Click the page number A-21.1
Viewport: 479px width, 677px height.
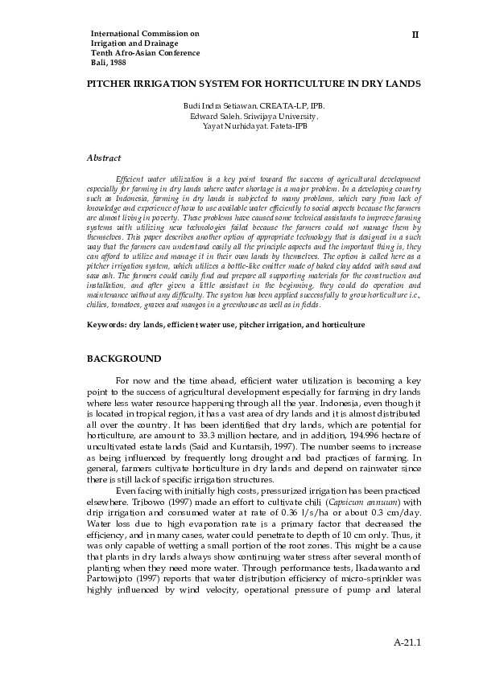coord(408,643)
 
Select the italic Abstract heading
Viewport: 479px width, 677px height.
coord(104,158)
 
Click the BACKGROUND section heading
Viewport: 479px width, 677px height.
coord(124,358)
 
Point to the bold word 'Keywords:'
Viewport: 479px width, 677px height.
coord(106,325)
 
